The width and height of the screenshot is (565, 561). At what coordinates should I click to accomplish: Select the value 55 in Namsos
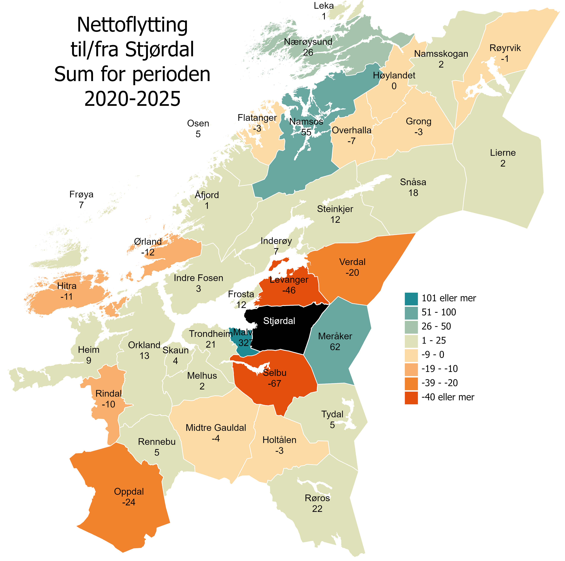[x=306, y=132]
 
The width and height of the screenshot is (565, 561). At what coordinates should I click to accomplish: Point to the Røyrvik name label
[x=505, y=48]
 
